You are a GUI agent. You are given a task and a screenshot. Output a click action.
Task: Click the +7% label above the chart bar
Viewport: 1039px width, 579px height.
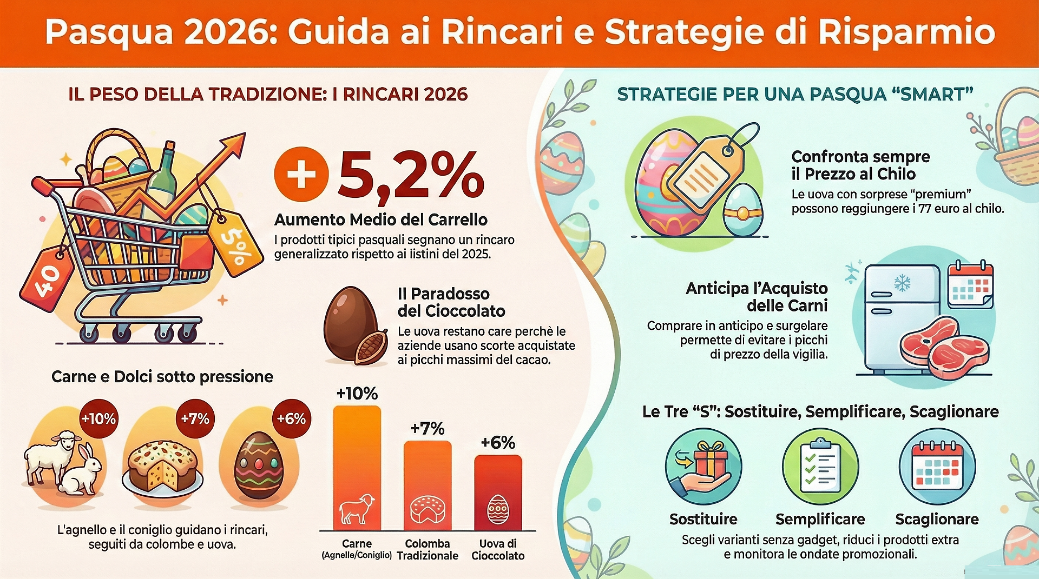(x=428, y=429)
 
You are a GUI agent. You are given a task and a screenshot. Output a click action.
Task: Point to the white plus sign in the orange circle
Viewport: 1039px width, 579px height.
(x=301, y=175)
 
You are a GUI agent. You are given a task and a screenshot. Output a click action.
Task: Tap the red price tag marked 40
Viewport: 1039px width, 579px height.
(x=47, y=278)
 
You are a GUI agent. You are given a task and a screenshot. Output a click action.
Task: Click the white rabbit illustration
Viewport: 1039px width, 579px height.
(x=83, y=470)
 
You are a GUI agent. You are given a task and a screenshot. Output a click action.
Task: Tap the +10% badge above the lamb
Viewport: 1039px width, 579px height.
(x=98, y=419)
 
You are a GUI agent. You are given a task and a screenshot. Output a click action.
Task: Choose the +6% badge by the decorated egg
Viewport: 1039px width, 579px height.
(x=291, y=419)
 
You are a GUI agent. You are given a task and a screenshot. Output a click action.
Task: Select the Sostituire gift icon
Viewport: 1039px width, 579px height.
(x=703, y=467)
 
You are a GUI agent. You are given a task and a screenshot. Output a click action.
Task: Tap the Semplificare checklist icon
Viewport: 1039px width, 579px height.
(x=820, y=467)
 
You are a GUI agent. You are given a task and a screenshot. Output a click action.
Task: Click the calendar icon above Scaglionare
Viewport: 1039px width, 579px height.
(x=937, y=465)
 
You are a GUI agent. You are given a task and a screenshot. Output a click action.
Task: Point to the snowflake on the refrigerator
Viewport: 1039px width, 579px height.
(x=902, y=282)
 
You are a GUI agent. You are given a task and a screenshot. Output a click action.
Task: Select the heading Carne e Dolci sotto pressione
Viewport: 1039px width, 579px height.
(x=162, y=377)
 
